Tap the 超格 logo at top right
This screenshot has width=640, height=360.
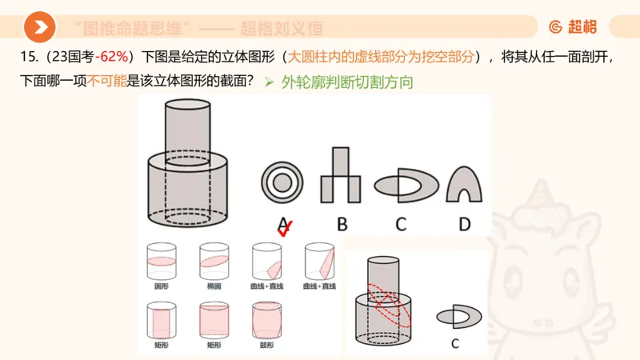point(573,27)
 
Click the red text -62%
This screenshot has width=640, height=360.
point(113,58)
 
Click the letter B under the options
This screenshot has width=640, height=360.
point(342,224)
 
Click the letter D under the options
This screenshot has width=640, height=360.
point(464,224)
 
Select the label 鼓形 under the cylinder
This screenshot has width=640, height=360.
point(266,345)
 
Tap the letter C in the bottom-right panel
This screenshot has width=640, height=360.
point(454,345)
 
